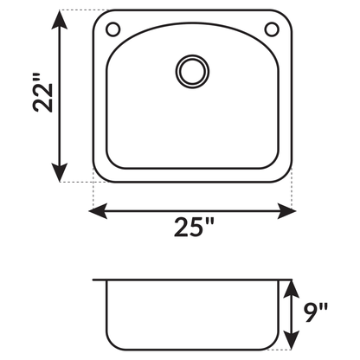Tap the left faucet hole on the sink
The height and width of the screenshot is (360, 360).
pos(112,30)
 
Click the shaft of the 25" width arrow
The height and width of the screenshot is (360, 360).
pos(192,209)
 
